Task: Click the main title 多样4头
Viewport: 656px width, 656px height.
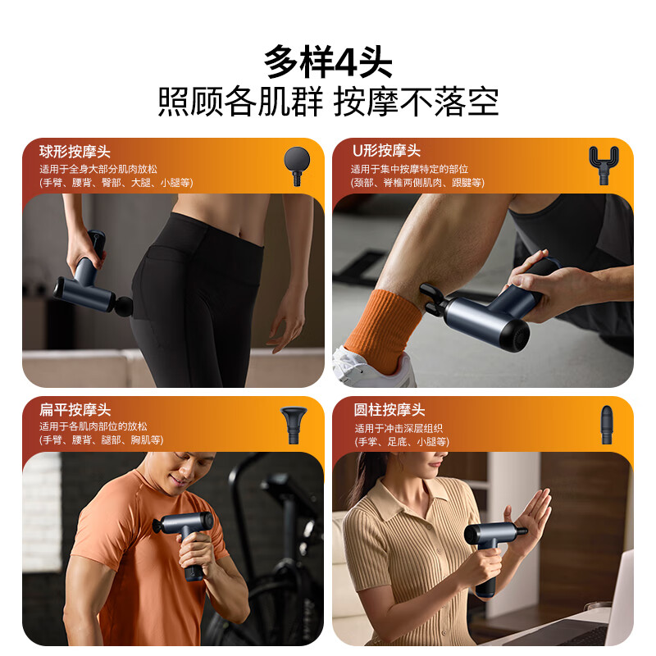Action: pos(328,62)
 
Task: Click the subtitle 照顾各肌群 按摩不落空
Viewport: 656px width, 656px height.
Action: pos(328,103)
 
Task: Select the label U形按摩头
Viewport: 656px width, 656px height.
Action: pos(385,151)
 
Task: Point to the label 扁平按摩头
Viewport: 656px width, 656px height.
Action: pos(75,409)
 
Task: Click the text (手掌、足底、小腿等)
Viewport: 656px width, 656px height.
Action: pos(401,441)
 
